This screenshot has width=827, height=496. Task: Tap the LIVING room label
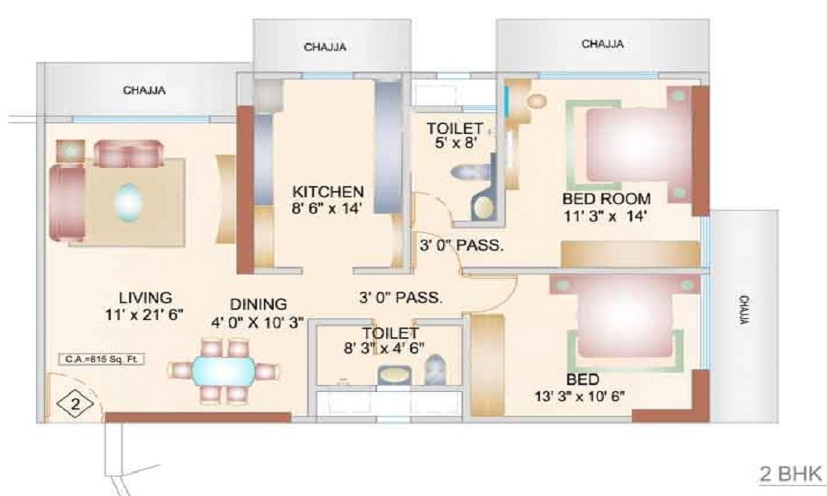pos(145,297)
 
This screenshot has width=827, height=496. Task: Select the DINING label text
pos(259,304)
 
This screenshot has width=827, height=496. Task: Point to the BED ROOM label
pos(606,199)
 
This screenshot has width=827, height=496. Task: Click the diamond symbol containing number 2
pos(74,405)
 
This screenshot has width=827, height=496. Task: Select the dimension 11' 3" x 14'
pos(604,217)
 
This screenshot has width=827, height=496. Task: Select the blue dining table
pos(221,370)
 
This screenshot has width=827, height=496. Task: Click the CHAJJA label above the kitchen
pos(326,47)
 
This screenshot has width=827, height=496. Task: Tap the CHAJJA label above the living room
pos(145,90)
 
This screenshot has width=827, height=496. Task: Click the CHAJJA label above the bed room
pos(602,44)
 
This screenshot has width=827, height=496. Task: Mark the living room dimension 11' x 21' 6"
pos(145,315)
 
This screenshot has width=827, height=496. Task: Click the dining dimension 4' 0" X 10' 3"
pos(259,322)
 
